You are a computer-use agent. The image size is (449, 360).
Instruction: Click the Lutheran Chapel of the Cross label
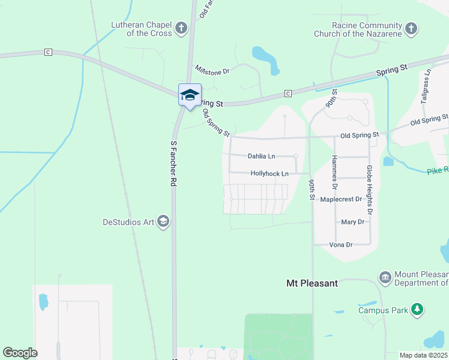point(142,29)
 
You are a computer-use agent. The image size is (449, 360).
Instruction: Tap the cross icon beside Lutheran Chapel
point(181,28)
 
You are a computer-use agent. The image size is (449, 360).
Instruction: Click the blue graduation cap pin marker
point(190,95)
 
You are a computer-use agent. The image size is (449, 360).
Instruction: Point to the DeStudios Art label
point(128,222)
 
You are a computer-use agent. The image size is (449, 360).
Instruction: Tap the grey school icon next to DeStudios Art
point(163,222)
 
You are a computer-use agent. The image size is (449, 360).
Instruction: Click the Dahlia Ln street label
point(261,157)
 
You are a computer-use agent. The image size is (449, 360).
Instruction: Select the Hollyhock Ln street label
point(270,173)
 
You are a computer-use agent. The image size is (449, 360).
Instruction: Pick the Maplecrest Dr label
point(341,199)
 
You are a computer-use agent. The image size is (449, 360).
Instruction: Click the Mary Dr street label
point(352,222)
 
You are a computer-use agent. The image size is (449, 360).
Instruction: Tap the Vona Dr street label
point(340,245)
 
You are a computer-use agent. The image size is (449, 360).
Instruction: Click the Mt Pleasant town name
point(312,283)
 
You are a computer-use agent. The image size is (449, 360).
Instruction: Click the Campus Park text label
point(383,310)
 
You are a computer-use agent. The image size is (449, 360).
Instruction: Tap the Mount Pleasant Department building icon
point(385,277)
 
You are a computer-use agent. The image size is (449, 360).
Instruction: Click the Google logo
point(20,353)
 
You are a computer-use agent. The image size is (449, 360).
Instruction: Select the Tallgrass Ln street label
point(426,88)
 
